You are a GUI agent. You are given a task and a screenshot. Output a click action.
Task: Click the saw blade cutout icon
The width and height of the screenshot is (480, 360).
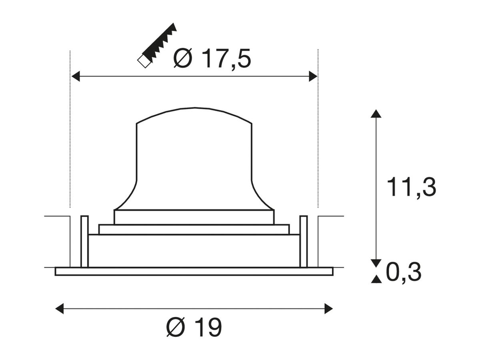pyautogui.click(x=157, y=45)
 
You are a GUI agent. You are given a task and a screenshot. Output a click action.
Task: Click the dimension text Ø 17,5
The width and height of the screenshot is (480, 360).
pyautogui.click(x=212, y=58)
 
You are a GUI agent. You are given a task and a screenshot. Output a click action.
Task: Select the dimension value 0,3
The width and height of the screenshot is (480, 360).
pyautogui.click(x=404, y=272)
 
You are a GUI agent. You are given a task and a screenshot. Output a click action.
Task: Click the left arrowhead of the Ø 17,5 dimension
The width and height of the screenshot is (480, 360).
pyautogui.click(x=76, y=76)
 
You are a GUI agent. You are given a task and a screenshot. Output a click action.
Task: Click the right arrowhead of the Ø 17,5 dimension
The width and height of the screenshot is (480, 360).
pyautogui.click(x=313, y=76)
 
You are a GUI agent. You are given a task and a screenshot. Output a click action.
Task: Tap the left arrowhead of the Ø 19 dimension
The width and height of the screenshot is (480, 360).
pyautogui.click(x=60, y=309)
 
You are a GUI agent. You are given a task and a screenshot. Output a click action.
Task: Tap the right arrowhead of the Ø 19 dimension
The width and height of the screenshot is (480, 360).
pyautogui.click(x=329, y=309)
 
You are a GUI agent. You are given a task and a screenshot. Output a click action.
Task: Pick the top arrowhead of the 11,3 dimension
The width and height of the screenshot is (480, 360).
pyautogui.click(x=376, y=114)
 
